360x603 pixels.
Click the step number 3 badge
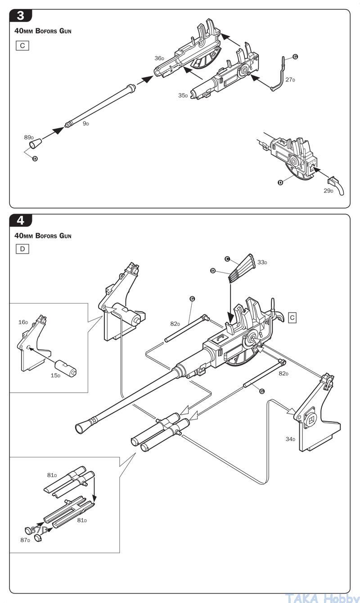(21, 16)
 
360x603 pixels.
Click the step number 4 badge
(21, 220)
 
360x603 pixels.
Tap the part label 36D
(159, 58)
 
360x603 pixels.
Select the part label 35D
(183, 95)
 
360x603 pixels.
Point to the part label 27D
(290, 80)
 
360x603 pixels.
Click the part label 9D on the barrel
(85, 123)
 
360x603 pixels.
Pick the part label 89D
(29, 137)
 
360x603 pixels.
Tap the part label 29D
(328, 191)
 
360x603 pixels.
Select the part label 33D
(262, 262)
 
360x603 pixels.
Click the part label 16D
(23, 322)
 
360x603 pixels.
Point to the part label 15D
(55, 375)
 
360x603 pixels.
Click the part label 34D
(290, 439)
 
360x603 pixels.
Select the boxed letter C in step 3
(22, 45)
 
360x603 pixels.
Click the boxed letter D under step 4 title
(22, 249)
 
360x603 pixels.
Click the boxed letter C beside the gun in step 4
(292, 318)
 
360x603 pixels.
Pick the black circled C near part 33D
(227, 259)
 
